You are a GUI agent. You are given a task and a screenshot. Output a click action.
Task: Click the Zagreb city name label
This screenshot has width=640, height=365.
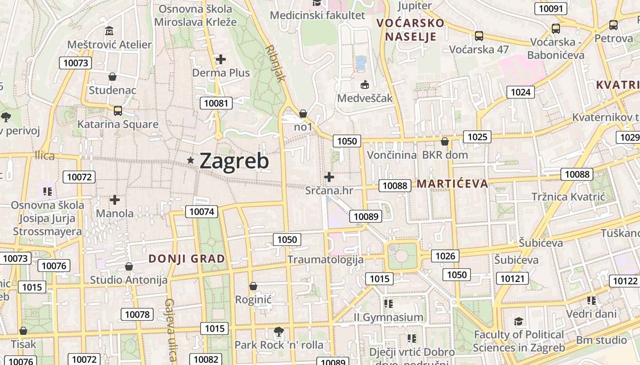[234, 161]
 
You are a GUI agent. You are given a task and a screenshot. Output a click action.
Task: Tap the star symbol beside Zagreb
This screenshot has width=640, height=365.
[191, 160]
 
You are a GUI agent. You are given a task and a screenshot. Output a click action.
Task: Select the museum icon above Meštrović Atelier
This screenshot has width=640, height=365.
[109, 31]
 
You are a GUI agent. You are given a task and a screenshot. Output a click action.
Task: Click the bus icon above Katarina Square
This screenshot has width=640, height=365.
[117, 110]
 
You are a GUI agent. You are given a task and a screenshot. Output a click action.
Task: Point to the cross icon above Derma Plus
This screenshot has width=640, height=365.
[221, 59]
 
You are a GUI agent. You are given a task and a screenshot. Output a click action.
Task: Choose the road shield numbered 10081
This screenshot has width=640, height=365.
[216, 103]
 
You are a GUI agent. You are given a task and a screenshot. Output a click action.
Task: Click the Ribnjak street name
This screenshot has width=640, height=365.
[275, 63]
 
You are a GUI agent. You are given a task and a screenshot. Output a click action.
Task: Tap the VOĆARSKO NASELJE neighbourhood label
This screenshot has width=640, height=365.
[410, 30]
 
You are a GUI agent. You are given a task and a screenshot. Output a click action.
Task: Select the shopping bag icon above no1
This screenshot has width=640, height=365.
[303, 113]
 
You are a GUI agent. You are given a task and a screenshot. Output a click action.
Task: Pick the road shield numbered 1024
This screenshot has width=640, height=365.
[520, 92]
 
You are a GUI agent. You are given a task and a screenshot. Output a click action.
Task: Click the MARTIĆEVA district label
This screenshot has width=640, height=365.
[452, 184]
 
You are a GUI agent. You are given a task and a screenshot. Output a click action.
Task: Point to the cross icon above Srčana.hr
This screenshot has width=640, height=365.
[329, 177]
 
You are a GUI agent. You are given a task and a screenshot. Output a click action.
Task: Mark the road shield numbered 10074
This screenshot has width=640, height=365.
[202, 211]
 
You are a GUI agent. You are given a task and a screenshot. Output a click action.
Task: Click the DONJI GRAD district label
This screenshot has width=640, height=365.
[187, 259]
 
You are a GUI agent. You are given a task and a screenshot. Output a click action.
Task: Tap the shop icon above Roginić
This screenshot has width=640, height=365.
[253, 286]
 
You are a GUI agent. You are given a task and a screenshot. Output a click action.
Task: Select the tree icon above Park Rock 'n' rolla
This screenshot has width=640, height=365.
[278, 331]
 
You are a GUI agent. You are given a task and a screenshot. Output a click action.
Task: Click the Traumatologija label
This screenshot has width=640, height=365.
[325, 260]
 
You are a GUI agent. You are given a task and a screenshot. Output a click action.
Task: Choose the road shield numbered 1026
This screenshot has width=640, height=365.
[445, 256]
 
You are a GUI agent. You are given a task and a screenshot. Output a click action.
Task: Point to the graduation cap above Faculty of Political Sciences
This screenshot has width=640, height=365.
[518, 321]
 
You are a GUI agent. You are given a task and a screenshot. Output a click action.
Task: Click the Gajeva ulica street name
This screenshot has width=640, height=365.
[171, 329]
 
